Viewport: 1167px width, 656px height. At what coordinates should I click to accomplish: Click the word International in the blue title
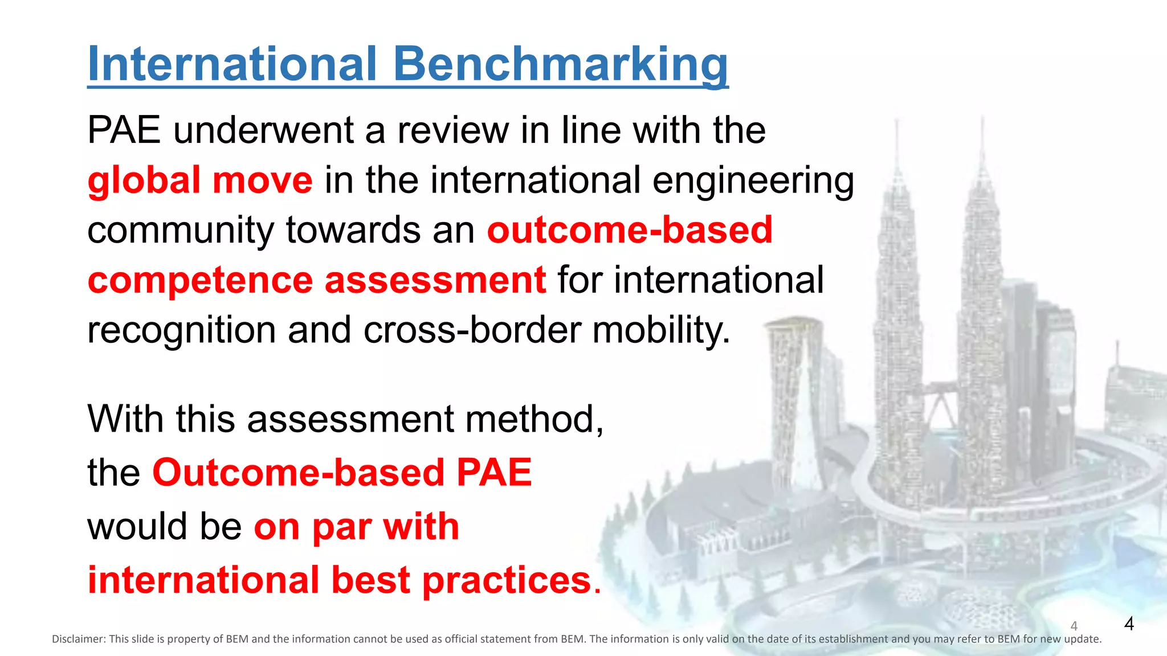[232, 64]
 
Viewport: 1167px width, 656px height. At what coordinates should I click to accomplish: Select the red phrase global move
[200, 180]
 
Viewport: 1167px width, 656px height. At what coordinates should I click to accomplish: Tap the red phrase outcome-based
[629, 230]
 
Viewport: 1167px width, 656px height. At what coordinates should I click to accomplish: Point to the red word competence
[200, 280]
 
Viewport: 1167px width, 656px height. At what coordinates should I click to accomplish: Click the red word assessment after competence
[435, 280]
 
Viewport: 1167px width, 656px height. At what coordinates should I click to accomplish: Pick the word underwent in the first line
[263, 130]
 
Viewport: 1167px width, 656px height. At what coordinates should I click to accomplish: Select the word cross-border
[471, 330]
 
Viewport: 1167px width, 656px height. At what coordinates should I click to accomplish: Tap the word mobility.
[661, 330]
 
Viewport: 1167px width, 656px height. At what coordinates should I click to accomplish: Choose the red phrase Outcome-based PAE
[342, 473]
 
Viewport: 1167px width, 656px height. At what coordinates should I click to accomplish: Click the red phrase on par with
[356, 527]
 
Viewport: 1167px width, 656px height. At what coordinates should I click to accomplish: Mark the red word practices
[506, 580]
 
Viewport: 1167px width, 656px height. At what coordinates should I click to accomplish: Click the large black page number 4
[1129, 624]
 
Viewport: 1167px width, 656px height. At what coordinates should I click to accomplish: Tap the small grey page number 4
[1074, 626]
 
